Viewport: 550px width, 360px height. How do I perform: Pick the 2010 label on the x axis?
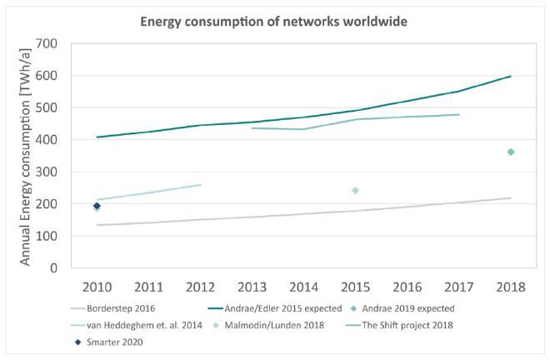click(x=97, y=287)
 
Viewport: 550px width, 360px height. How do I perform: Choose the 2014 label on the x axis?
click(x=303, y=287)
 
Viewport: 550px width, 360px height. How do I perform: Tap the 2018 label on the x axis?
click(x=510, y=287)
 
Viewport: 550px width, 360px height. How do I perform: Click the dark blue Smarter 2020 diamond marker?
click(x=97, y=206)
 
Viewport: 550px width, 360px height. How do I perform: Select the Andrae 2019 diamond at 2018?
click(x=510, y=152)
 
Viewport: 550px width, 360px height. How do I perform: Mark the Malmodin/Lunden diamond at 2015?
click(x=355, y=191)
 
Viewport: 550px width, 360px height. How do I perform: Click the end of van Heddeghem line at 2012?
click(x=200, y=185)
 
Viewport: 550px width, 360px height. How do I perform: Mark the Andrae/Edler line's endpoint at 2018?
click(x=510, y=76)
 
